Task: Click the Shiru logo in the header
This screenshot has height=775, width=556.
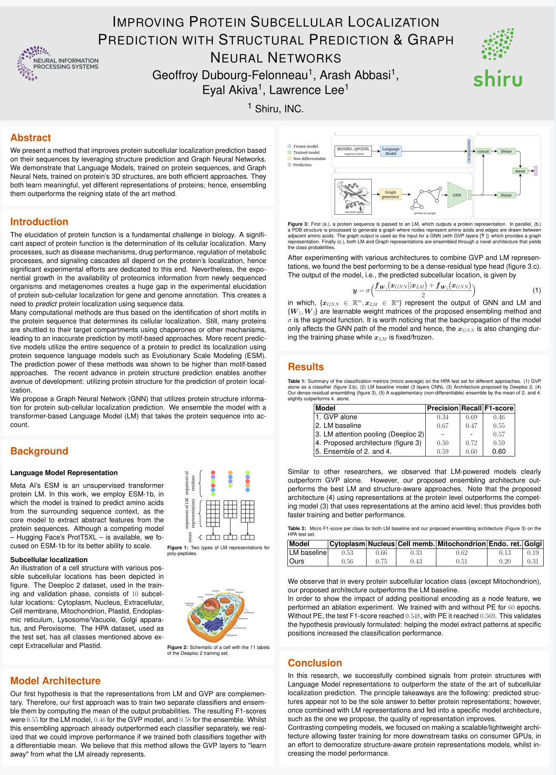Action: [x=498, y=57]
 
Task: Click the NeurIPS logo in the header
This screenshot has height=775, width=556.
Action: [x=58, y=63]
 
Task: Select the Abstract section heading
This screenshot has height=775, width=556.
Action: [x=31, y=138]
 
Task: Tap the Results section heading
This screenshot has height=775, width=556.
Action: [x=306, y=367]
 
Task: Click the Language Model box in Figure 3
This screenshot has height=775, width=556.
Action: [x=390, y=151]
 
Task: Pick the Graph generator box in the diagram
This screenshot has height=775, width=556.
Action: [x=390, y=195]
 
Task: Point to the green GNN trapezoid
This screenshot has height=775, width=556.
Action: [x=457, y=195]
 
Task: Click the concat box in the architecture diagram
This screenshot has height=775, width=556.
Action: [x=483, y=151]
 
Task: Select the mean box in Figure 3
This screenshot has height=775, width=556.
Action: [x=520, y=171]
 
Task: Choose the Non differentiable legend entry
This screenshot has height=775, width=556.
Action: [x=309, y=158]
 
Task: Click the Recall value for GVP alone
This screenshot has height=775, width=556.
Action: [x=471, y=417]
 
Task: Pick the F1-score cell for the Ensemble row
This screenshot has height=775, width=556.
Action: [x=499, y=451]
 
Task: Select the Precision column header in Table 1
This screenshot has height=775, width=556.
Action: [x=442, y=408]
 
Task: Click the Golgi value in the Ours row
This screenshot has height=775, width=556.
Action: [x=533, y=561]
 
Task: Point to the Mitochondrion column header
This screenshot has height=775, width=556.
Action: [x=461, y=544]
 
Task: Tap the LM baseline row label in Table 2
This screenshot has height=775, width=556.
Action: [x=307, y=553]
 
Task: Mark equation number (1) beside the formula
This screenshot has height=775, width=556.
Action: [x=536, y=290]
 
